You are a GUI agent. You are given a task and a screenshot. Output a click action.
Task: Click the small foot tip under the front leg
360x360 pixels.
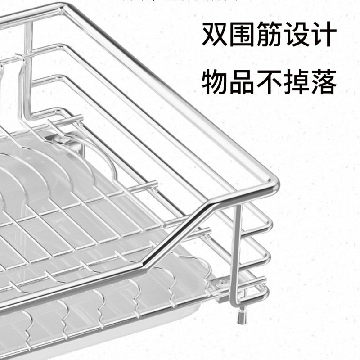pyautogui.click(x=243, y=317)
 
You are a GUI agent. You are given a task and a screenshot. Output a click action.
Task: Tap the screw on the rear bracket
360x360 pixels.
pyautogui.click(x=61, y=140)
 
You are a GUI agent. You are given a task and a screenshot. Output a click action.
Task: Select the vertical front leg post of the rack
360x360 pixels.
pyautogui.click(x=237, y=252)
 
